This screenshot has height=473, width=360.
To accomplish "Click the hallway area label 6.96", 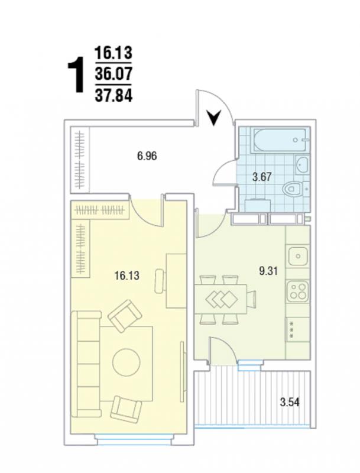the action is coord(147,156).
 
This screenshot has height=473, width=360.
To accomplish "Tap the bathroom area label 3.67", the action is coord(262,177).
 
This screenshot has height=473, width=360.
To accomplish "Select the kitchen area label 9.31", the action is coord(268,271).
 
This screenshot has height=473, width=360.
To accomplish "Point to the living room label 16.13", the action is coord(127,276).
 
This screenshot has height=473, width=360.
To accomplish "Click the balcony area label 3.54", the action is coord(290,403).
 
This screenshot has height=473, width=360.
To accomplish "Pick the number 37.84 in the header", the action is coord(113,96).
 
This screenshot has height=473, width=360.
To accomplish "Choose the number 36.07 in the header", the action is coord(113,74).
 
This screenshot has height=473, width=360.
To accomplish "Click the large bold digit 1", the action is coord(76,75).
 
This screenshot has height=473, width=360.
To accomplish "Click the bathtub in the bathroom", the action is coord(280,140).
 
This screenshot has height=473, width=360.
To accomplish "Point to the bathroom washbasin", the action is coord(301,164).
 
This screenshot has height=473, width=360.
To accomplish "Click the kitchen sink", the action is coord(298,256).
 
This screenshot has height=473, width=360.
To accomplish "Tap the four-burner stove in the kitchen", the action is coord(298,291).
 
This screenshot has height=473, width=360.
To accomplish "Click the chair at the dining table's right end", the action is coord(251,299).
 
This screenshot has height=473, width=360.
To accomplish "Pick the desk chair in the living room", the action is coord(160,281).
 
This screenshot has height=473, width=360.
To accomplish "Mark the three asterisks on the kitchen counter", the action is coord(291,329).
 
